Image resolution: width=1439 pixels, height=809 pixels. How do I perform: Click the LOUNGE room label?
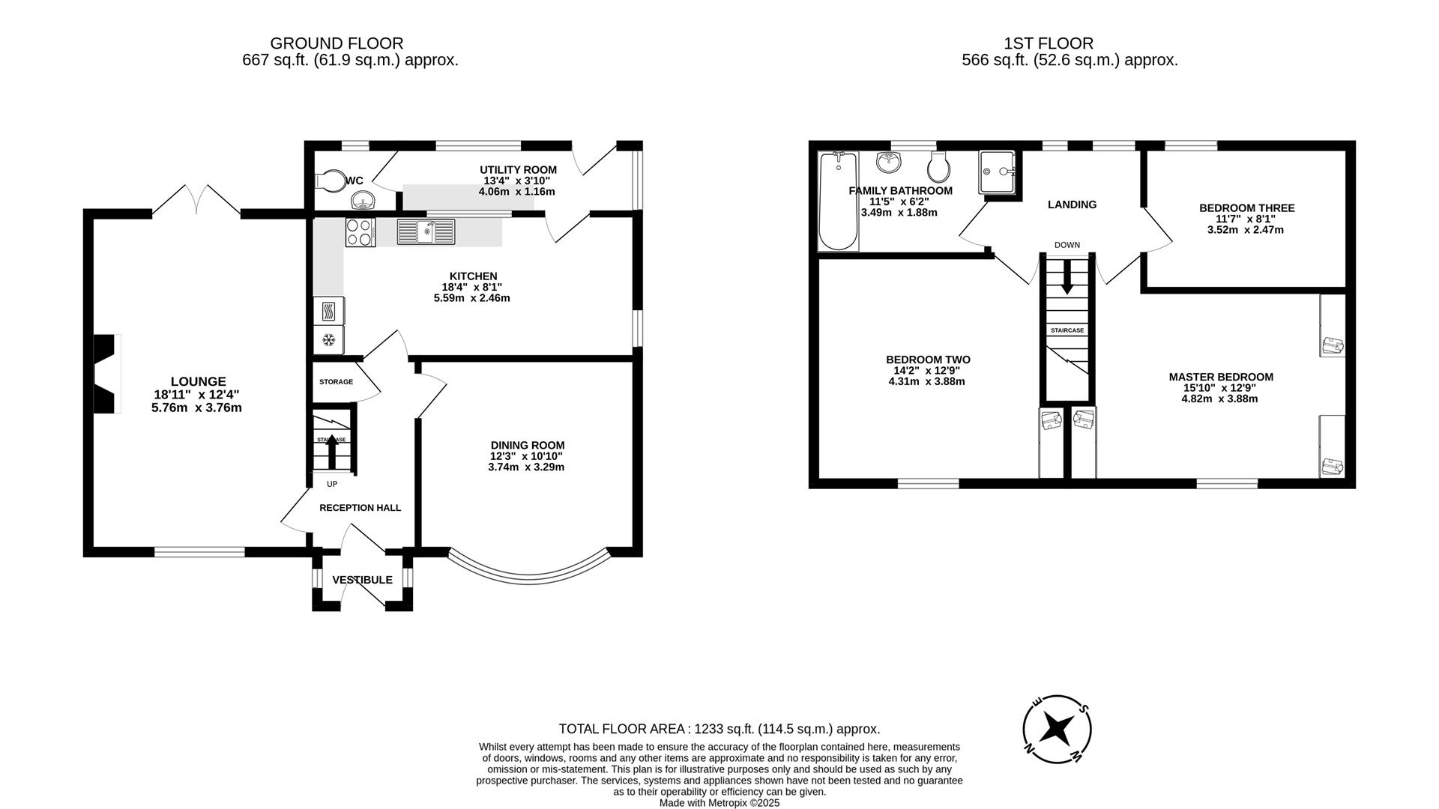[198, 381]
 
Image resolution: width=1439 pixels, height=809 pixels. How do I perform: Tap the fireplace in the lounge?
[106, 374]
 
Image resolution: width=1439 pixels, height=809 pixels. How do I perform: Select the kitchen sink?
[426, 231]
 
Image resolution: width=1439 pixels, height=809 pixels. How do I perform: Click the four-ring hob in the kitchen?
[360, 231]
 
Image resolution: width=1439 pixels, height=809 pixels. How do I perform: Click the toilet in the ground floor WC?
[328, 180]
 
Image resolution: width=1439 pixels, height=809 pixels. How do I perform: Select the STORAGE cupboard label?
[336, 382]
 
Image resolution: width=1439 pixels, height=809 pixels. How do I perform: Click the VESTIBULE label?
[362, 580]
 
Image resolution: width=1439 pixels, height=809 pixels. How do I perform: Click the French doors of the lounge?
[196, 199]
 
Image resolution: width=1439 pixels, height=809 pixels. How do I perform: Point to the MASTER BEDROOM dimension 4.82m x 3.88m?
[1220, 399]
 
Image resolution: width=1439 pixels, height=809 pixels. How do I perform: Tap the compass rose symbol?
[1057, 728]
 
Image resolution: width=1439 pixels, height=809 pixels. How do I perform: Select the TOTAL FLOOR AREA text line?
[719, 729]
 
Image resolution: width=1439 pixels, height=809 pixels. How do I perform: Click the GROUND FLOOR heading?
[337, 43]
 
